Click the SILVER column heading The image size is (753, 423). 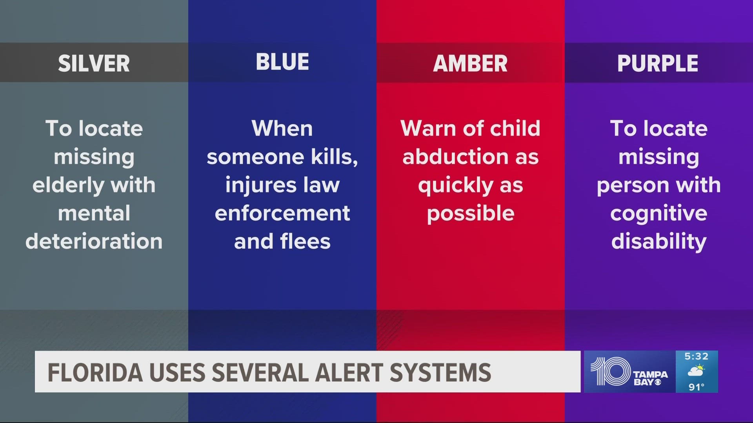(x=94, y=63)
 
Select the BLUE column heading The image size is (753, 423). (x=282, y=62)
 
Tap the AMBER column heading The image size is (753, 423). (x=470, y=63)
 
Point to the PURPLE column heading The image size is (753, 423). (x=658, y=63)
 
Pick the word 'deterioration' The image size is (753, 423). (x=94, y=241)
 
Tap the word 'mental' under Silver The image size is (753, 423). (x=94, y=213)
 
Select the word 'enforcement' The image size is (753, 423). (x=282, y=213)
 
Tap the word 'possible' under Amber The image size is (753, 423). (x=471, y=214)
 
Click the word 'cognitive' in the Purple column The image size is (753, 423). (x=659, y=214)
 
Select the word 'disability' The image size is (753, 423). (x=659, y=242)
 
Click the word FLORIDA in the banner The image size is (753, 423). (x=95, y=372)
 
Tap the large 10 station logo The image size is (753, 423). (x=610, y=371)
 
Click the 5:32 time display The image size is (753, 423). (x=697, y=356)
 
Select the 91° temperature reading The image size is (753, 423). (x=697, y=387)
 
